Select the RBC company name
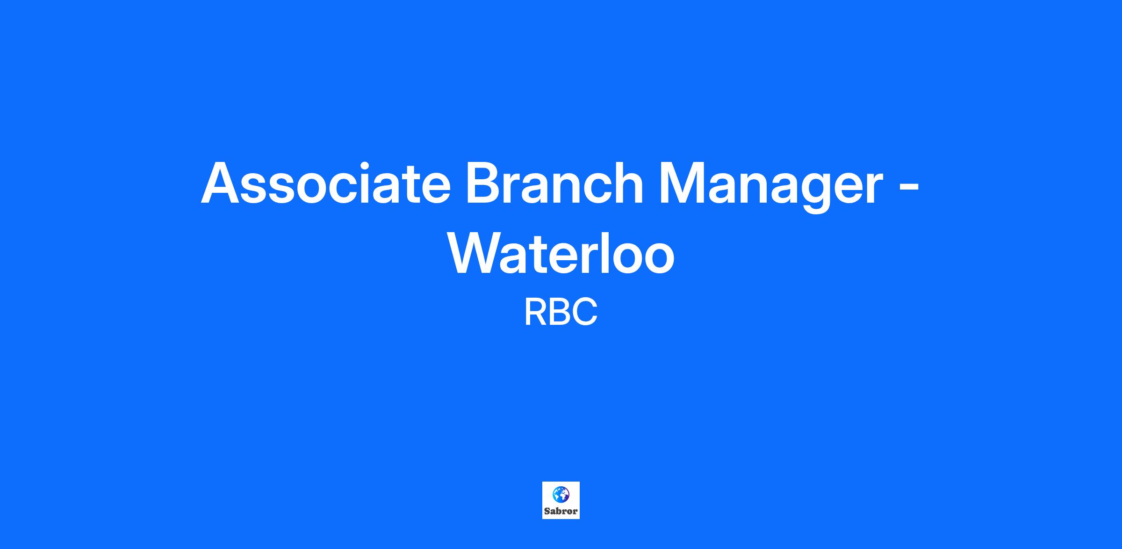click(x=561, y=313)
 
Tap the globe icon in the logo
click(x=561, y=494)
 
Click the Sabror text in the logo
click(x=561, y=512)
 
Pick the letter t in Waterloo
click(x=532, y=255)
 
